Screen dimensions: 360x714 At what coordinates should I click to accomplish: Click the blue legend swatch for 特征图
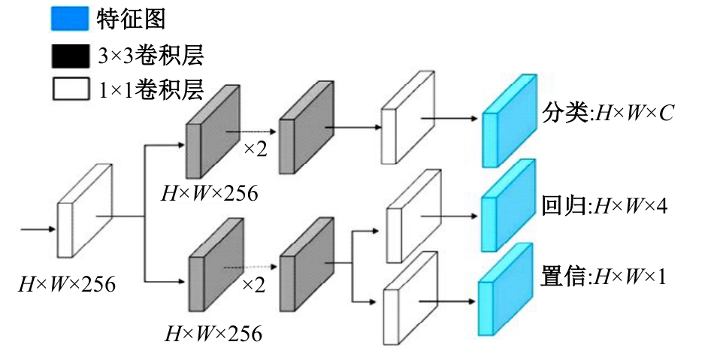pos(69,18)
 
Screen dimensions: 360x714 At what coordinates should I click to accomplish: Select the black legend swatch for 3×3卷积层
pos(69,55)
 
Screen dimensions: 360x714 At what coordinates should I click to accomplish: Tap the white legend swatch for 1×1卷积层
pos(69,90)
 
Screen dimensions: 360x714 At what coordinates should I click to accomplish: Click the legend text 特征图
pos(132,18)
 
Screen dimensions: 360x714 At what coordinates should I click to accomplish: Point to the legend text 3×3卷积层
pos(151,55)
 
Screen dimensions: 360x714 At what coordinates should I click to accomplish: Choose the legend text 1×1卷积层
pos(151,90)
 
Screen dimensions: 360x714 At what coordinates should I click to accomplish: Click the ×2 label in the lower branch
pos(254,285)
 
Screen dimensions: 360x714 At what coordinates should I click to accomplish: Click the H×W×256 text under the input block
pos(68,284)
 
